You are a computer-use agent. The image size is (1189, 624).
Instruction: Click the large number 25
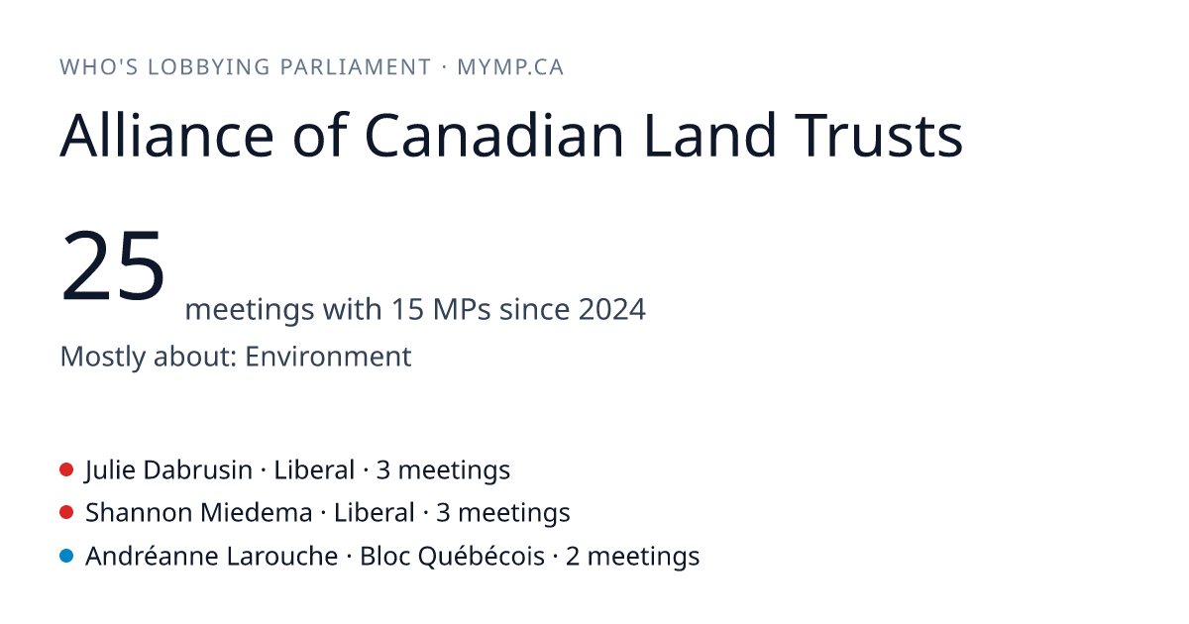113,264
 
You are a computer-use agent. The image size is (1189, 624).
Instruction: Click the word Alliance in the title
166,136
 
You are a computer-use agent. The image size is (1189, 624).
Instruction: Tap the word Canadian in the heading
494,136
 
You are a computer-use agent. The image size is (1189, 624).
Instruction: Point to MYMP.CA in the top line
510,67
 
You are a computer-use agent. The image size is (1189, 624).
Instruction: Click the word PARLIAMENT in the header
356,67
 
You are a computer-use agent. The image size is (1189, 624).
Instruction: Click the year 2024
612,309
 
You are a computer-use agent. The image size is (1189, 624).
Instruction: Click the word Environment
328,356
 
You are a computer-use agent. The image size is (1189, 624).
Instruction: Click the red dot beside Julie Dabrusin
66,469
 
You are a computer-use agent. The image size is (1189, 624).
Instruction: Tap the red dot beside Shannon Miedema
66,513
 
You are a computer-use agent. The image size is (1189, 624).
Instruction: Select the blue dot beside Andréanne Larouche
66,556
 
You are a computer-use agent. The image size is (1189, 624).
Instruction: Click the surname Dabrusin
197,470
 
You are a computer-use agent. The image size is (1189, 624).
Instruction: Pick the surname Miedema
256,513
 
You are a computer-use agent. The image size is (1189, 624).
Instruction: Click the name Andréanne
152,556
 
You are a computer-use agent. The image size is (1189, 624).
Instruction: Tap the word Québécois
482,556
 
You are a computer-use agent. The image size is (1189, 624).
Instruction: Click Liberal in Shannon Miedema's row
375,513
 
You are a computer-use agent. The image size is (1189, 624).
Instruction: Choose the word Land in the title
709,136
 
